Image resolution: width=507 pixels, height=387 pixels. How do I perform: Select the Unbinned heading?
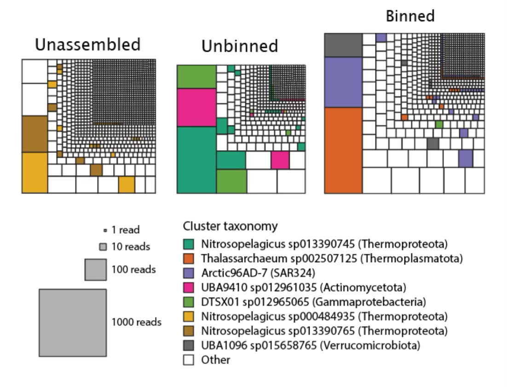pyautogui.click(x=241, y=47)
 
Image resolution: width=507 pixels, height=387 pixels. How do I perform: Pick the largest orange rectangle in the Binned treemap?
pyautogui.click(x=343, y=150)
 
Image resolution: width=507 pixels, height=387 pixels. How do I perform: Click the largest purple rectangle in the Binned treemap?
pyautogui.click(x=343, y=82)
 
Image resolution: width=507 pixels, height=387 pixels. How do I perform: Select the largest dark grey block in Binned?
pyautogui.click(x=343, y=45)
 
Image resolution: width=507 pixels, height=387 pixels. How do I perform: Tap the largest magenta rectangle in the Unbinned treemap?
pyautogui.click(x=196, y=107)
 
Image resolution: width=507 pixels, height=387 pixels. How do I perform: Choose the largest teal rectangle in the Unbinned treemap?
pyautogui.click(x=196, y=159)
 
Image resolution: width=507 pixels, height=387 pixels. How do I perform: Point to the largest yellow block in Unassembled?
pyautogui.click(x=35, y=172)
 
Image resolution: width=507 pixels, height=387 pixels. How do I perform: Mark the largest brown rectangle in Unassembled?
pyautogui.click(x=35, y=134)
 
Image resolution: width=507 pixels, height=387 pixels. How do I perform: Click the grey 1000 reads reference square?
pyautogui.click(x=73, y=322)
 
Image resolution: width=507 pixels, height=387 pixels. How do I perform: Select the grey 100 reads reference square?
pyautogui.click(x=96, y=269)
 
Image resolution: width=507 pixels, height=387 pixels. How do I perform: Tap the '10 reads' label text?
pyautogui.click(x=133, y=247)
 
